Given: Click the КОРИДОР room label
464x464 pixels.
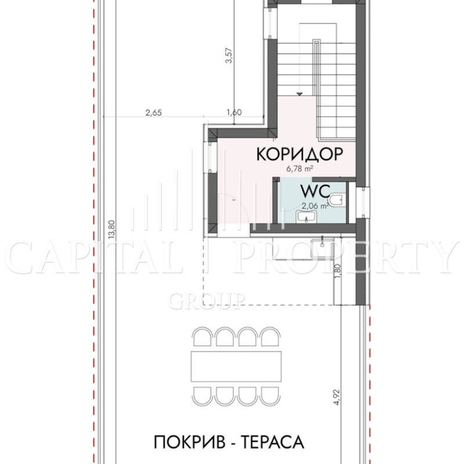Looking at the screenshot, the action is tap(300, 154).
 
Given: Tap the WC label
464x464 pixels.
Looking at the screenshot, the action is tap(315, 191).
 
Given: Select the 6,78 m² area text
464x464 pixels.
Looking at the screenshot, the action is tap(300, 170).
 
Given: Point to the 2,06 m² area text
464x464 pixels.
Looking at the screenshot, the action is tap(315, 205).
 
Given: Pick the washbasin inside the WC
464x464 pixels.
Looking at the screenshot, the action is tap(306, 217).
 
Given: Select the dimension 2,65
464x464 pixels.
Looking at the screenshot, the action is tap(153, 113).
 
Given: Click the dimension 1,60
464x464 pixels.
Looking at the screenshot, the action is tap(234, 112).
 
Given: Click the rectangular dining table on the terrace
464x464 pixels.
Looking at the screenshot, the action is tap(236, 366).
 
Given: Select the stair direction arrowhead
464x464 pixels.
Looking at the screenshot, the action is tap(299, 94).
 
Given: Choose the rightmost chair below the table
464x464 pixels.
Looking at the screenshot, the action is tap(270, 396).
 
